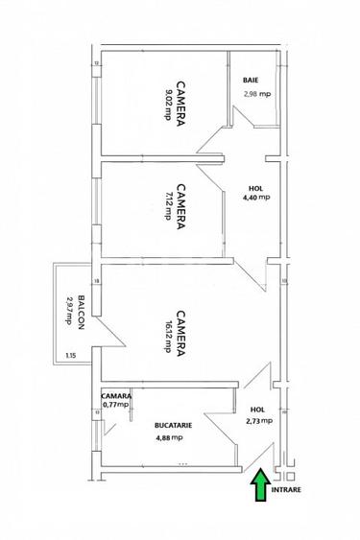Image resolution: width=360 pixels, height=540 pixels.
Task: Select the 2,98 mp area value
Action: tap(256, 94)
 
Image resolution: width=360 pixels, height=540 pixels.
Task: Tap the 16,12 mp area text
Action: tap(168, 338)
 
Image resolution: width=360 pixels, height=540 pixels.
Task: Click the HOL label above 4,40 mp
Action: tap(254, 188)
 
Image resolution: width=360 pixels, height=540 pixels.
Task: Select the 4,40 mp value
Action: tap(256, 199)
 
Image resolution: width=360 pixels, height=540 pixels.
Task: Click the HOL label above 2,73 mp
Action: tap(256, 409)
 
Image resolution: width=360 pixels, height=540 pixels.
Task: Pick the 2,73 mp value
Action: tap(259, 420)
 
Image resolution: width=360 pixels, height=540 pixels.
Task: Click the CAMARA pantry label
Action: tap(116, 395)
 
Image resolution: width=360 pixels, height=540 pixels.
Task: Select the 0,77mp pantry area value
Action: tap(116, 405)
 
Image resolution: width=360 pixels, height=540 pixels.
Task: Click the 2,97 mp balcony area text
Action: tap(68, 314)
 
